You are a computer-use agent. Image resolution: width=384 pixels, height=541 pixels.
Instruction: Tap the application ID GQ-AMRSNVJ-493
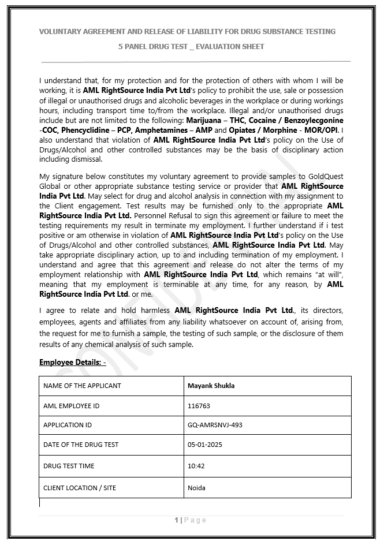[215, 425]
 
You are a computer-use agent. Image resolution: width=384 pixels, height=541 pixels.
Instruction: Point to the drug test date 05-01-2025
[205, 445]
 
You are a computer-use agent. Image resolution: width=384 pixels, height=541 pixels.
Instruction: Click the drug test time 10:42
[196, 466]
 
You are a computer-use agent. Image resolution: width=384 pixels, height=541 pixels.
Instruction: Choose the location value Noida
[196, 488]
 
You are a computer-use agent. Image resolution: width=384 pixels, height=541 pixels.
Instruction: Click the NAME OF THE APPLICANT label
[82, 386]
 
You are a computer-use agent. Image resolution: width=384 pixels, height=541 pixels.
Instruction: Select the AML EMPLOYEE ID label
[71, 406]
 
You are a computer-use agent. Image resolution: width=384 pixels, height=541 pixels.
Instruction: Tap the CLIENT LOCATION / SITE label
[80, 488]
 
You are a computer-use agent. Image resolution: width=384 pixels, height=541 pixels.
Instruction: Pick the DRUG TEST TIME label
[69, 466]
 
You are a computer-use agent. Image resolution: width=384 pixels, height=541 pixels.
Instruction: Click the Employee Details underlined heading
[72, 362]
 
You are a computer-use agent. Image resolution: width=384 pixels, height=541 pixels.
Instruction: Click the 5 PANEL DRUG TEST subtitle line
[191, 46]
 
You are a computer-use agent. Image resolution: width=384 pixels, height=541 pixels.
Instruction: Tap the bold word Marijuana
[206, 120]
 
